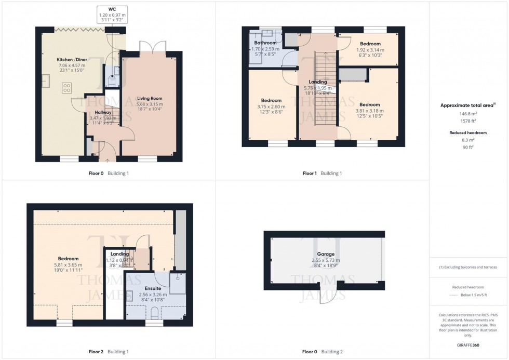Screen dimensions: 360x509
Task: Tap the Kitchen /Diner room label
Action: [71, 60]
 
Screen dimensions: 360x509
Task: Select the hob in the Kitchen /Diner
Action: [67, 88]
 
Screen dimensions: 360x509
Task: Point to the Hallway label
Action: [103, 112]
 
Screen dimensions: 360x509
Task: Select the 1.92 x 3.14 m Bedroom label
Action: [370, 44]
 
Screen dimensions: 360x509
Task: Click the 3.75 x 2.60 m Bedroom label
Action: [271, 101]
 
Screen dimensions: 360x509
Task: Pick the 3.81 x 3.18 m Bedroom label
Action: [369, 104]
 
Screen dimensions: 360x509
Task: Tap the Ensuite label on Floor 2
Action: [153, 288]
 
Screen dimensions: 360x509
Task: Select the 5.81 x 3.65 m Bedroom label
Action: [68, 259]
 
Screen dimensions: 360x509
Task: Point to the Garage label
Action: [326, 255]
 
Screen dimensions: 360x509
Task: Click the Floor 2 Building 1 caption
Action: [109, 352]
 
